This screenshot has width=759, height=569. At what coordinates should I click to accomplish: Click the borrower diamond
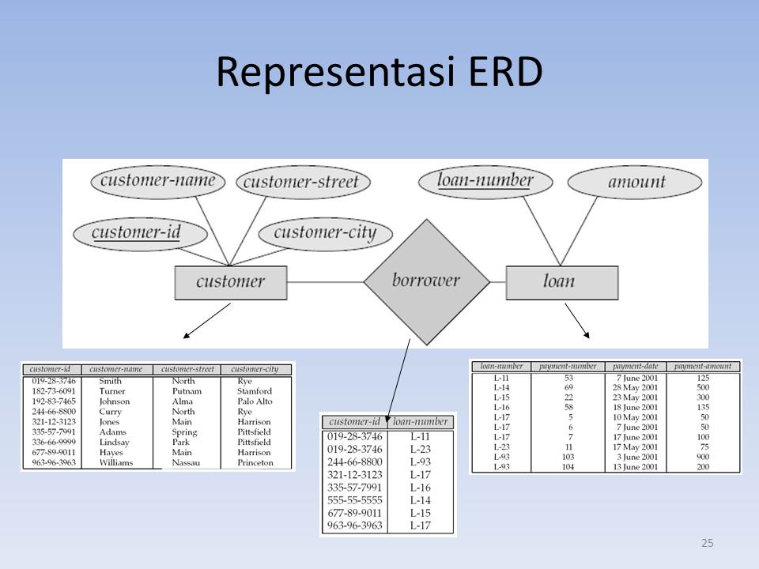point(427,281)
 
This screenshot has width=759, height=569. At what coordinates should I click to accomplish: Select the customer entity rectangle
point(230,281)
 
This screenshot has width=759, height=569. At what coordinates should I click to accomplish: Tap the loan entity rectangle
point(561,281)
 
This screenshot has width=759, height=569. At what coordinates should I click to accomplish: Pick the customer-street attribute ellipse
point(301,182)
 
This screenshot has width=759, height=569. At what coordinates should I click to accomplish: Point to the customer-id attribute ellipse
point(139,233)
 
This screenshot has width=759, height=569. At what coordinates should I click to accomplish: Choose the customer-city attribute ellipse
point(333,233)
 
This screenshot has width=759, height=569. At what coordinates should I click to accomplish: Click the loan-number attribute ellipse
point(486,182)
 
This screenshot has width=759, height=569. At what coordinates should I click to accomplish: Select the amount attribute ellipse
point(636,182)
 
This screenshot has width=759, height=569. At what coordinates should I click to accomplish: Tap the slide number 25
point(707,543)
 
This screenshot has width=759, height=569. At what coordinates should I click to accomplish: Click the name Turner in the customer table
point(112,391)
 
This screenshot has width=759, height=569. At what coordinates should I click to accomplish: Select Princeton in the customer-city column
point(255,462)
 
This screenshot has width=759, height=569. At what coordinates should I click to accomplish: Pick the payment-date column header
point(636,366)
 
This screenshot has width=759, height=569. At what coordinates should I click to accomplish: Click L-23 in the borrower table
point(421,449)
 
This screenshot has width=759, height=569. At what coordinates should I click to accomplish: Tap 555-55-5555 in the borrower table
point(354,499)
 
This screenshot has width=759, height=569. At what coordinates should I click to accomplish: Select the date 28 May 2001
point(635,387)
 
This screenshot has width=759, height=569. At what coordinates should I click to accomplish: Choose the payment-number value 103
point(568,458)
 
